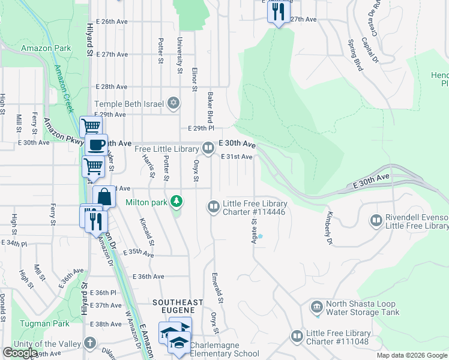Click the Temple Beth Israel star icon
point(173,104)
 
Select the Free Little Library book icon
point(208,147)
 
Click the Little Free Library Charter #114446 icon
point(213,207)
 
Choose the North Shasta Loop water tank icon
point(316,308)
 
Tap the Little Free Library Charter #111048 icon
point(296,337)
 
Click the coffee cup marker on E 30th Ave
point(95,144)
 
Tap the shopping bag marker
point(104,196)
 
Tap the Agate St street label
point(253,230)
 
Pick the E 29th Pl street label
point(200,128)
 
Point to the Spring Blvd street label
point(355,55)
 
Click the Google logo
point(20,353)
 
